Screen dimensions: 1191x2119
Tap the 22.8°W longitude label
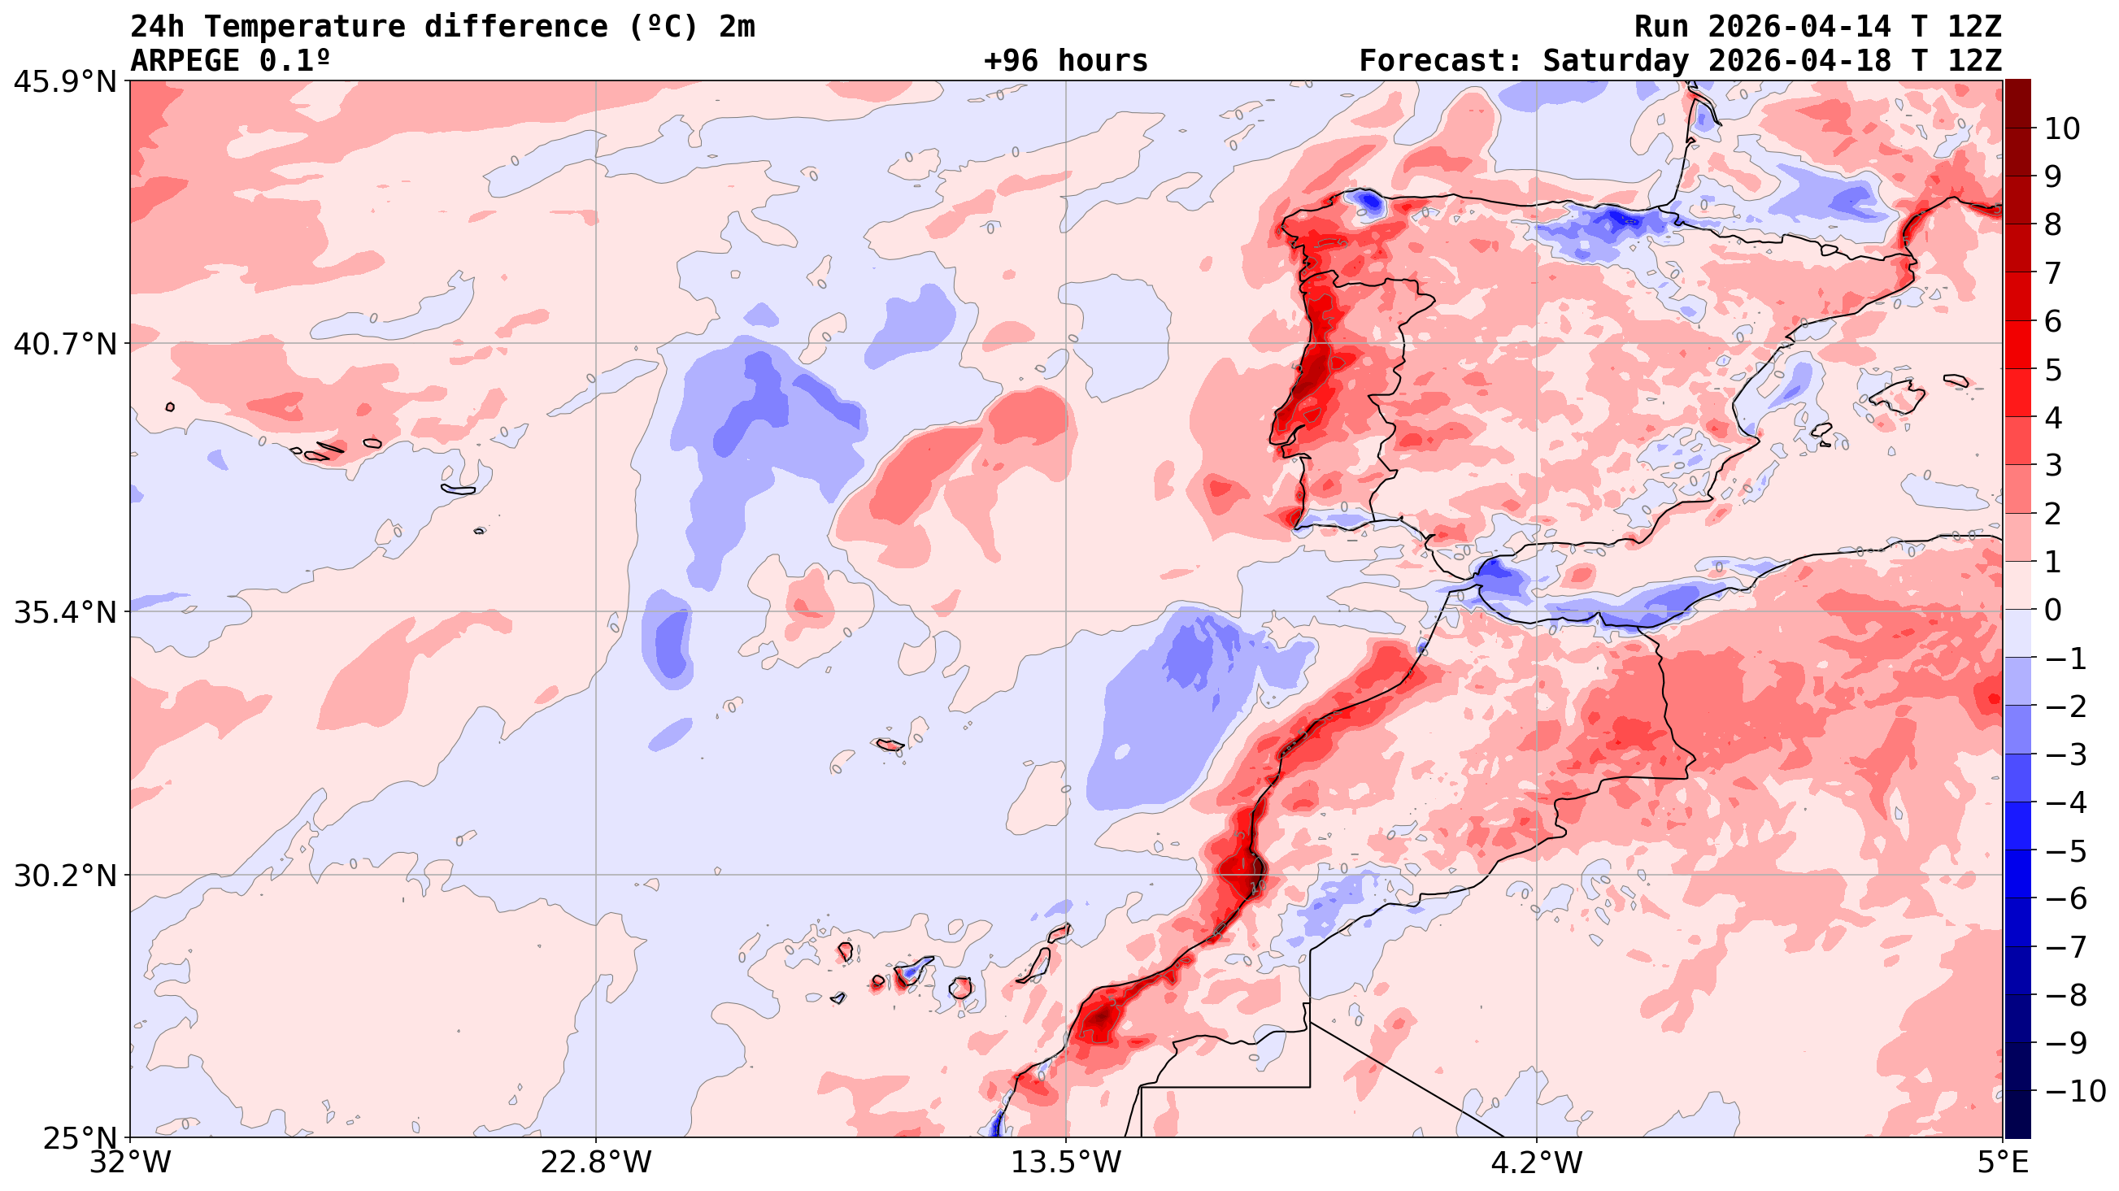click(595, 1163)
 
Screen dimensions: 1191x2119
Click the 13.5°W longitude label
click(1066, 1163)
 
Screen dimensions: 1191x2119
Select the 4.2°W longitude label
click(1537, 1163)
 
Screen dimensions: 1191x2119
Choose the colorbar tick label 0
click(2053, 611)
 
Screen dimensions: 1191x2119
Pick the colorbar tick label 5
click(2053, 370)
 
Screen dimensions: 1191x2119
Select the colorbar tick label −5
click(2066, 851)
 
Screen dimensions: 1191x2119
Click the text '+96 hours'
click(1065, 61)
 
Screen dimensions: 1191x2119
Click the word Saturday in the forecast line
click(1615, 61)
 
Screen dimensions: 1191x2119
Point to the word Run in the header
click(1661, 27)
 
